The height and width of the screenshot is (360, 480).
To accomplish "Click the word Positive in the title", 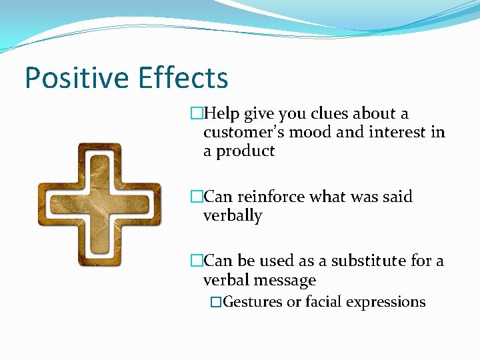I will click(x=77, y=78).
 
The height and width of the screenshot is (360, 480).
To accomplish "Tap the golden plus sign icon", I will click(x=99, y=205).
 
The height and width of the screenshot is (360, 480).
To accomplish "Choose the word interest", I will click(x=394, y=132).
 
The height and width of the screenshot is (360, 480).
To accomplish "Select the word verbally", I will click(x=233, y=216).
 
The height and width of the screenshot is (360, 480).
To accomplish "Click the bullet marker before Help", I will click(x=196, y=114).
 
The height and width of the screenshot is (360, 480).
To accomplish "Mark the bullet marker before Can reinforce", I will click(x=196, y=197).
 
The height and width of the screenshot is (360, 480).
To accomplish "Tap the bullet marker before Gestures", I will click(x=215, y=302).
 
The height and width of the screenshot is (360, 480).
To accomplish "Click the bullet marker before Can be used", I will click(x=196, y=261).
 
